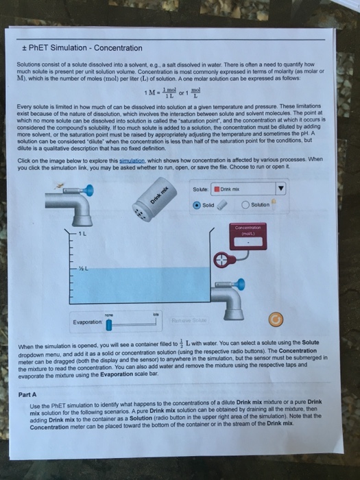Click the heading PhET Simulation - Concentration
(x=83, y=48)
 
